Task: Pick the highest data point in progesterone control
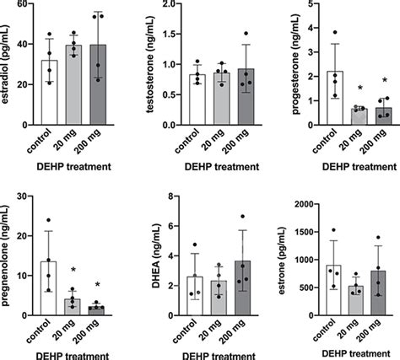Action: pyautogui.click(x=335, y=32)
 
